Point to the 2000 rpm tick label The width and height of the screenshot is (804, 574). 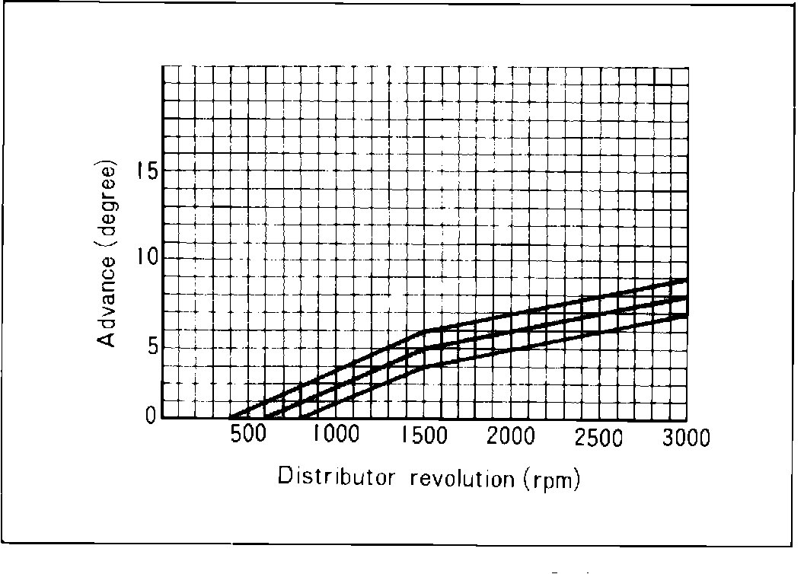click(512, 437)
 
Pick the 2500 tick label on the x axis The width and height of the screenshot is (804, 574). click(599, 438)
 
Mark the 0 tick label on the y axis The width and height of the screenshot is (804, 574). click(150, 416)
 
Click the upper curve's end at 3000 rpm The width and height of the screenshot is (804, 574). click(687, 280)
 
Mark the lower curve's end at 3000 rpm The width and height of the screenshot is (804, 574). click(687, 315)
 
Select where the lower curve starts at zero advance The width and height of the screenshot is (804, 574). click(301, 418)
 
